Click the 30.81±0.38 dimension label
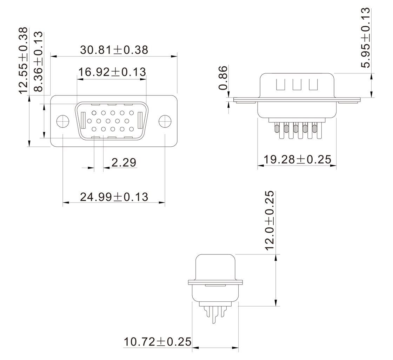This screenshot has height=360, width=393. click(114, 50)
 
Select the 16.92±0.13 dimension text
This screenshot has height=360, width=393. click(112, 72)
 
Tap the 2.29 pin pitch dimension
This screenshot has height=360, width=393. click(124, 162)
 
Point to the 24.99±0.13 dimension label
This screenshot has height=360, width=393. click(114, 197)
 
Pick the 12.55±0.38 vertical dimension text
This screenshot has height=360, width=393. click(23, 60)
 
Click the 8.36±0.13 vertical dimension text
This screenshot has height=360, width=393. click(38, 62)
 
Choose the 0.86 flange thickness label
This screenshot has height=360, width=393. click(223, 78)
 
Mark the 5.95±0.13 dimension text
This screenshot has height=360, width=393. click(365, 38)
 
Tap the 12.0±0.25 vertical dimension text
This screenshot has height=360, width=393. click(269, 220)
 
